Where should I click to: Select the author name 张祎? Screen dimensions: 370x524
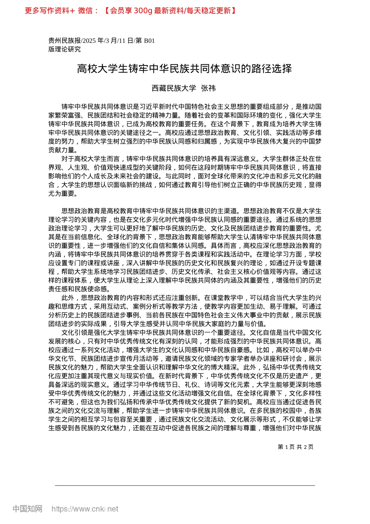pos(208,88)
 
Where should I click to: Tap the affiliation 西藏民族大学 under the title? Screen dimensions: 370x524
pos(174,88)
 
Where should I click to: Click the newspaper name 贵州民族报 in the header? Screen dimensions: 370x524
pos(64,41)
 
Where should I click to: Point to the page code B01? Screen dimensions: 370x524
pos(150,41)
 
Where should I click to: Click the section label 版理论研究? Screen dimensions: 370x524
pos(65,49)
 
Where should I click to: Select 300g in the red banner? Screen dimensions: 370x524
pos(143,11)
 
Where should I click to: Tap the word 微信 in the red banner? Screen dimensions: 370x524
pos(85,11)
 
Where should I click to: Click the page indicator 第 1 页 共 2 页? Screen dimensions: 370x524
pos(296,447)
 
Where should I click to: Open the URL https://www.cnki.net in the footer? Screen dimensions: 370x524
pos(85,509)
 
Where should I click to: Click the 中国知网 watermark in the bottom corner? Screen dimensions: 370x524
pos(27,509)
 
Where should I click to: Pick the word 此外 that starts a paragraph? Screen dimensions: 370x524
pos(68,298)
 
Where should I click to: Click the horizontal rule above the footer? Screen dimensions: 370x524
pos(185,485)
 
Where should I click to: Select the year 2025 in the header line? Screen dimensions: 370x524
pos(89,41)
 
